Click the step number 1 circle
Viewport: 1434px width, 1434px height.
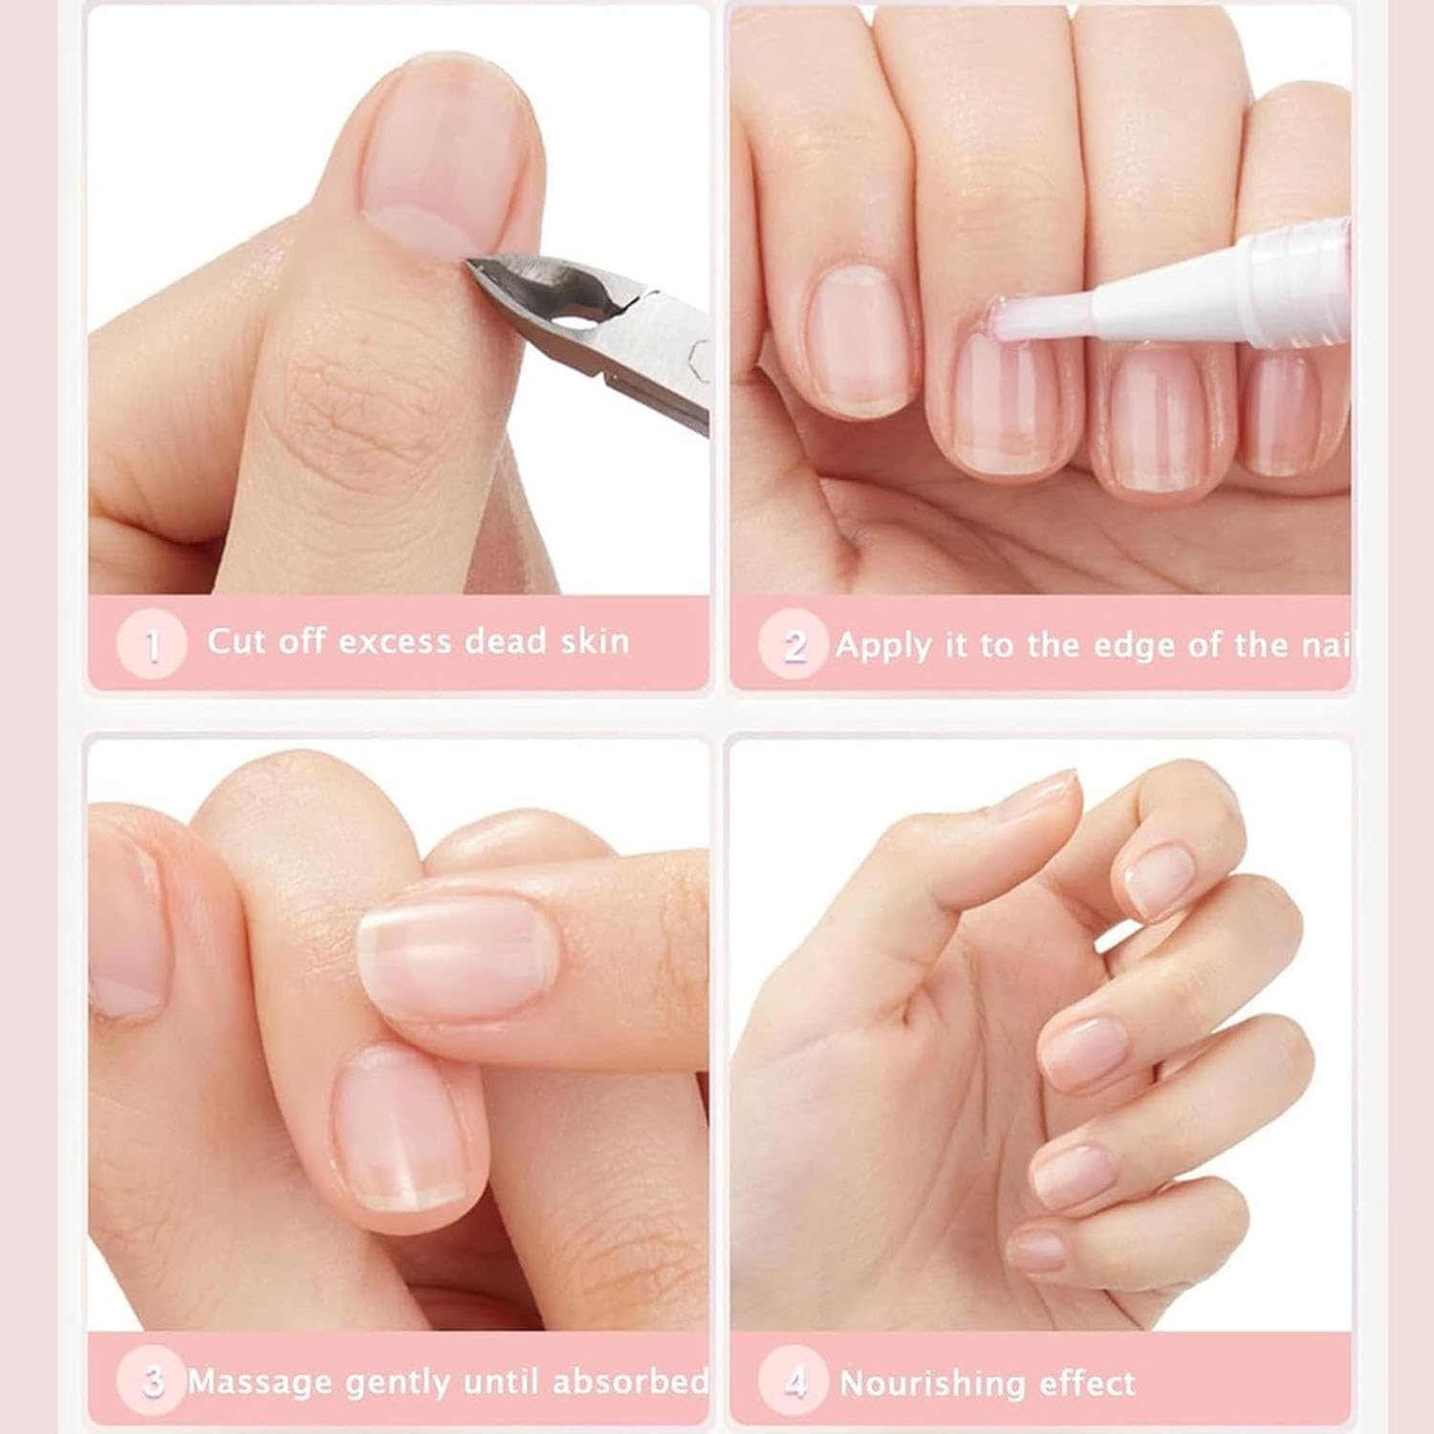pyautogui.click(x=151, y=645)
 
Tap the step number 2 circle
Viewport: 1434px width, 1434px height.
pyautogui.click(x=793, y=645)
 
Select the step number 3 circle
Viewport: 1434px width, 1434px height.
pyautogui.click(x=151, y=1381)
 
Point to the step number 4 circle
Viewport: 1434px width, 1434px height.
pyautogui.click(x=793, y=1381)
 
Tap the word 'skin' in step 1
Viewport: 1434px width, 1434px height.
pyautogui.click(x=595, y=641)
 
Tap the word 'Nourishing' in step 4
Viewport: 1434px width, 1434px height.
pyautogui.click(x=927, y=1383)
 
